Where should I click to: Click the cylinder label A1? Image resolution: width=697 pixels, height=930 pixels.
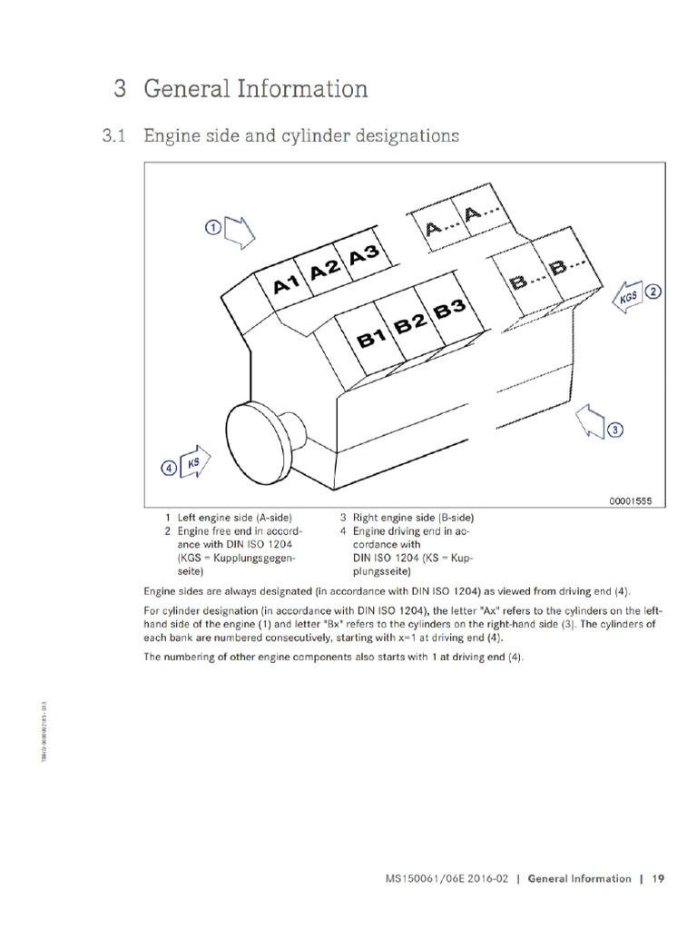[x=286, y=284]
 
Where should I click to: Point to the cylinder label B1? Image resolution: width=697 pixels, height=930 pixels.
[x=372, y=341]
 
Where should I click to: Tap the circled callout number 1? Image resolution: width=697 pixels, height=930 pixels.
[x=211, y=228]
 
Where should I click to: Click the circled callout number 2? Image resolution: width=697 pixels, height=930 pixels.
[x=653, y=292]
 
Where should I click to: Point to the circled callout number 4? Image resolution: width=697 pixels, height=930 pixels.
[x=168, y=469]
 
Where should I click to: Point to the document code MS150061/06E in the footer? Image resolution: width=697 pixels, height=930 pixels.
[x=426, y=878]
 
